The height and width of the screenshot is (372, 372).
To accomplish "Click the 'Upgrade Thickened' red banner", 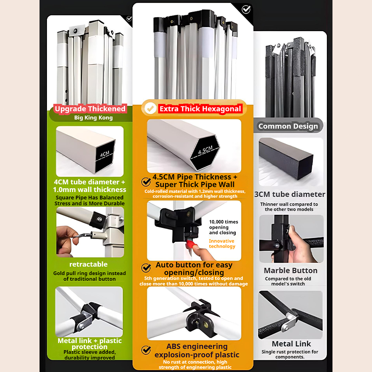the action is point(90,109).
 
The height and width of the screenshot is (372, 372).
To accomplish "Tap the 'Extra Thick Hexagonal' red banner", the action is point(200,109).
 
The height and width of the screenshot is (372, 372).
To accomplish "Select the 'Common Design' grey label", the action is point(288,126).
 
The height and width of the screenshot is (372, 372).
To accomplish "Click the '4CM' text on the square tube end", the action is point(104,154).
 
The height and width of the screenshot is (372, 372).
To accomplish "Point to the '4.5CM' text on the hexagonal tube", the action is point(205,150).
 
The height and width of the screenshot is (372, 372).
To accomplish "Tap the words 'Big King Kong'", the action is point(93,118).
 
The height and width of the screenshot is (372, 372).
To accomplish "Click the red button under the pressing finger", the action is point(191,245).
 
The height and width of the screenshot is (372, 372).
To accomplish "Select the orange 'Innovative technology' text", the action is point(222,244).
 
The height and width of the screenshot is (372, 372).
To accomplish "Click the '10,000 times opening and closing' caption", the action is point(223,227).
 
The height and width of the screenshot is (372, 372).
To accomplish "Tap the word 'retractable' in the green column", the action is point(88,264).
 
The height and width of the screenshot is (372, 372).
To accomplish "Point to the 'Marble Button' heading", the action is point(291,271).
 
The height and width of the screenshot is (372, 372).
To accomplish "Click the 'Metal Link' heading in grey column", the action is point(292,344).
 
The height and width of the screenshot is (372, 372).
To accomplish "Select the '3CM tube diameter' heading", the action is point(290,194).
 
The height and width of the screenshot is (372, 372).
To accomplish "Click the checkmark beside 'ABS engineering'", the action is point(146,350).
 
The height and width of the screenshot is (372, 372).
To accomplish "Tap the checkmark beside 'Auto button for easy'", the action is point(146,268).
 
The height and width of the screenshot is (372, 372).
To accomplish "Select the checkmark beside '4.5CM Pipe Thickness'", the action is point(146,182).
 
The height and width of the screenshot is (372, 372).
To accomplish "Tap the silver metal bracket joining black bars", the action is point(289,321).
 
